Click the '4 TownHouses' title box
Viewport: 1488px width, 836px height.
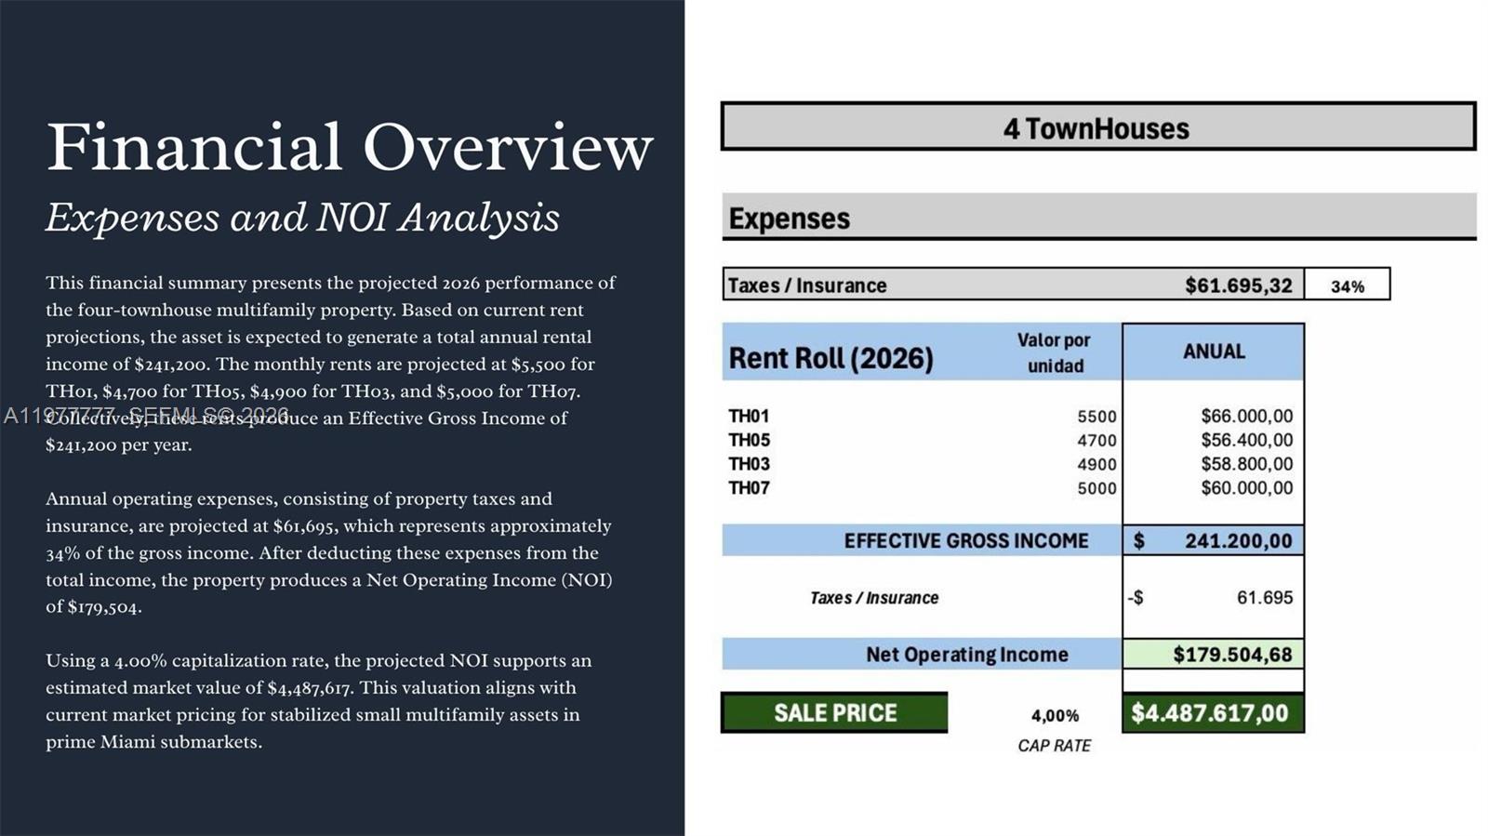(x=1097, y=127)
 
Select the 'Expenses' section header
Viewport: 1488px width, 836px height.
(x=790, y=219)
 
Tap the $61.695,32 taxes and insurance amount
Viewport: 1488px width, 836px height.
(x=1238, y=285)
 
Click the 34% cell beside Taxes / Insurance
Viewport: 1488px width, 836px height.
(x=1347, y=285)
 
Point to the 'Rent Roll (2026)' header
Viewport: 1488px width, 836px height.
(x=830, y=358)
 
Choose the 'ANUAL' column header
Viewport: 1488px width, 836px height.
(x=1213, y=352)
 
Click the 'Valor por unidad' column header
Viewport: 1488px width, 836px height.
(x=1054, y=352)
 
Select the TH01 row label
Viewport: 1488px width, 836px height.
(x=749, y=416)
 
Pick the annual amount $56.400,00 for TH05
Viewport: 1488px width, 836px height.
(x=1246, y=440)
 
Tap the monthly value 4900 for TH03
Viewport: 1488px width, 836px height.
(x=1096, y=464)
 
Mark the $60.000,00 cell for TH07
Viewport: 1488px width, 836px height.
(x=1246, y=488)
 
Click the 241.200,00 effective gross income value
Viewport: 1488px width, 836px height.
(x=1238, y=541)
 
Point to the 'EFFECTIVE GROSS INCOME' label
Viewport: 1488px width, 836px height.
(x=965, y=541)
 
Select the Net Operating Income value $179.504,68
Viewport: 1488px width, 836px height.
(x=1232, y=655)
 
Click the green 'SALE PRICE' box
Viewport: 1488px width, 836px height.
(x=835, y=713)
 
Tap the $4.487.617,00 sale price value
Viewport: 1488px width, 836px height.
(x=1210, y=713)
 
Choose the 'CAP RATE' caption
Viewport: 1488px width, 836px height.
(x=1054, y=746)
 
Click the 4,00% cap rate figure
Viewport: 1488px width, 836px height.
(x=1055, y=715)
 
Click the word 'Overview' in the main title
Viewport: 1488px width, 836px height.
(x=508, y=147)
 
